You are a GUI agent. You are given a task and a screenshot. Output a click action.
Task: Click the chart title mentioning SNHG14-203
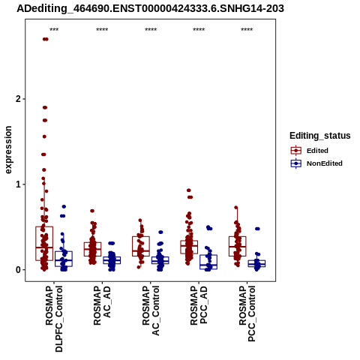point(150,8)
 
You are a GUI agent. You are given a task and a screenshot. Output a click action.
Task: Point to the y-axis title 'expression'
point(8,150)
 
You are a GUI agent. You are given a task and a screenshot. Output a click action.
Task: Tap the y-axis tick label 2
point(18,99)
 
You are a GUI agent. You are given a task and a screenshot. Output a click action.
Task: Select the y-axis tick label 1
point(18,184)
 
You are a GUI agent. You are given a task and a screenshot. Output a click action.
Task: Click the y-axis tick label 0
point(18,270)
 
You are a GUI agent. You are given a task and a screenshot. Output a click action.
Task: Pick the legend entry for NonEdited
point(316,163)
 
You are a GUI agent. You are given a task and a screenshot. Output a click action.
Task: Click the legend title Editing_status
point(320,136)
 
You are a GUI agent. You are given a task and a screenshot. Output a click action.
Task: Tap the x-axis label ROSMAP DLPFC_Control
point(54,319)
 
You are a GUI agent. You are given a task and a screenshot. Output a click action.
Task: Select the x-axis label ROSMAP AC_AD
point(102,305)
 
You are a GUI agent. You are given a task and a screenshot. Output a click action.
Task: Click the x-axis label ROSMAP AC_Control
point(151,310)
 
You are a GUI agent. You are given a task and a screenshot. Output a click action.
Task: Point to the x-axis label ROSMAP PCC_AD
point(199,305)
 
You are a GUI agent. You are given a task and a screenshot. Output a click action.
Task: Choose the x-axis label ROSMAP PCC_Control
point(247,313)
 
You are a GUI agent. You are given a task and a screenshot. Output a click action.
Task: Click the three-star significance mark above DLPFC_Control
point(54,29)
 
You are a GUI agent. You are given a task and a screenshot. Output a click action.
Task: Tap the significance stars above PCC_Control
point(247,29)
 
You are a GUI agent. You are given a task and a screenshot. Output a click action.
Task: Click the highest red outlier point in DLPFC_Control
point(46,39)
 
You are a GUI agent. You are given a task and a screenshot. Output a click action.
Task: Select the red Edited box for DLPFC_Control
point(44,244)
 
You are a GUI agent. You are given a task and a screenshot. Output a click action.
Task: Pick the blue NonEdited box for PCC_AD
point(208,262)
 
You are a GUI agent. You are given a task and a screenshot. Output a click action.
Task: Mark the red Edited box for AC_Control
point(141,246)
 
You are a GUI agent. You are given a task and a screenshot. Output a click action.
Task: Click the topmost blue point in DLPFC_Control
point(64,206)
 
